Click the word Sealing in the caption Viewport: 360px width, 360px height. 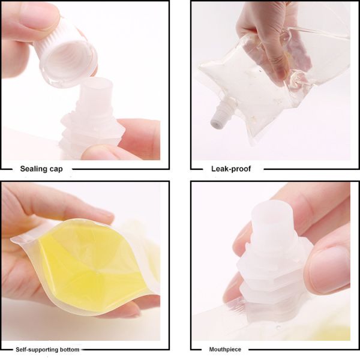click(35, 169)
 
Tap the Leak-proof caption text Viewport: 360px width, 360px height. click(231, 169)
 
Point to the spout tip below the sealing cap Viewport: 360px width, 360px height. click(97, 90)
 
